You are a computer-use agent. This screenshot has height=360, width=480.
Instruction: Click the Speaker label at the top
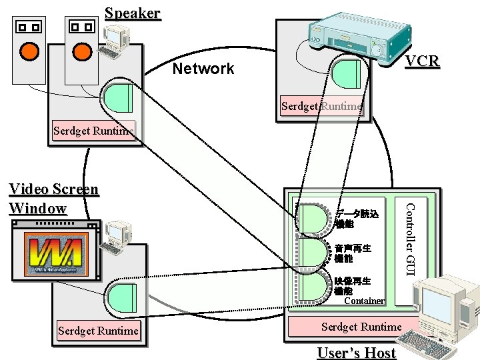133,13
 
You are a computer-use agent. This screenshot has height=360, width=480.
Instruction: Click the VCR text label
423,61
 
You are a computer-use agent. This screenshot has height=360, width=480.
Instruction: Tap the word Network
203,69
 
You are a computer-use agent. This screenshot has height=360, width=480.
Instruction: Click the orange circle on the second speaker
82,51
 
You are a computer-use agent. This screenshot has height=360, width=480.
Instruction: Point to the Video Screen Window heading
53,199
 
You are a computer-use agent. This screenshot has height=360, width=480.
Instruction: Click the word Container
364,301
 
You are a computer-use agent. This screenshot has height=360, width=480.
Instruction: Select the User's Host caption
357,353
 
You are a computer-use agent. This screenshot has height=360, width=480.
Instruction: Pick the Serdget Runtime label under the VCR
322,106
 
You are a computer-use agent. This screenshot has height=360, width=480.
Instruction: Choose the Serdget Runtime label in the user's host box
361,327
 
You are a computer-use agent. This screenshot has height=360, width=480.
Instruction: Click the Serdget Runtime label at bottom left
99,331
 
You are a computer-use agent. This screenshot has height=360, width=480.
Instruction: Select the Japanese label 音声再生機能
353,253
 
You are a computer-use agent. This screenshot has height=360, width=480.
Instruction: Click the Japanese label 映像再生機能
353,286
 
